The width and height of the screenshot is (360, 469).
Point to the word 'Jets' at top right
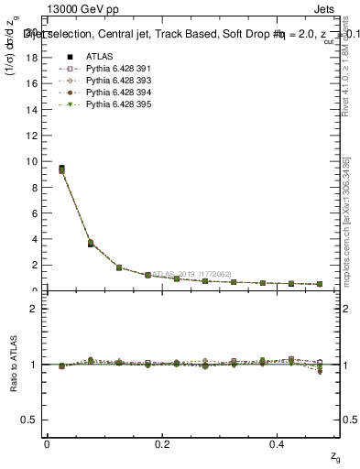[x=335, y=11]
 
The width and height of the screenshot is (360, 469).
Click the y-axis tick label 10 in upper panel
[x=33, y=161]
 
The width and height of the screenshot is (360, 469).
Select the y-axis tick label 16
[x=33, y=83]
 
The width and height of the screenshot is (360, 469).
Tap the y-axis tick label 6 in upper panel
[x=36, y=213]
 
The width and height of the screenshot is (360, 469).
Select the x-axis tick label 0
[x=47, y=443]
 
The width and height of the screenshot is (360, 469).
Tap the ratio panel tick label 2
[x=35, y=309]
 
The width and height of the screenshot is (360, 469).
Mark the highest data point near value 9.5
[x=61, y=169]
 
